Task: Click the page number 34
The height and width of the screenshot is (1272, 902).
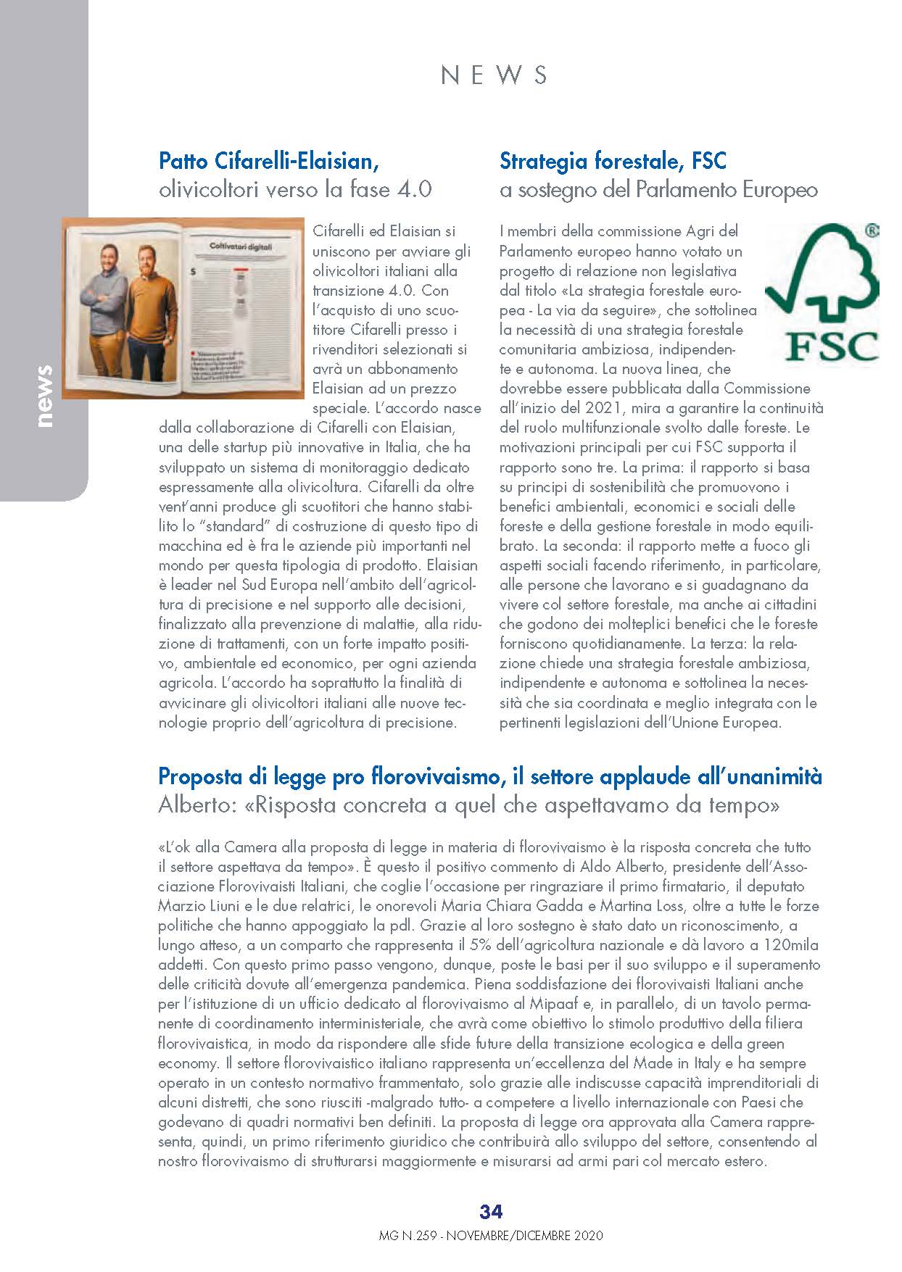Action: [491, 1211]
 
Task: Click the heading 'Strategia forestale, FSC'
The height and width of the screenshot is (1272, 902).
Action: [613, 160]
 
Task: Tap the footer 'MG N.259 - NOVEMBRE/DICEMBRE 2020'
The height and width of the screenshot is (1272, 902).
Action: [491, 1236]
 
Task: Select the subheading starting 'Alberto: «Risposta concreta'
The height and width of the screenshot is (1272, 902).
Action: [469, 805]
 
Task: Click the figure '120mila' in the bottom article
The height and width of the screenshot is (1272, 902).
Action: [793, 945]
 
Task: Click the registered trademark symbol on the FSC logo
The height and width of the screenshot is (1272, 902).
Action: [872, 231]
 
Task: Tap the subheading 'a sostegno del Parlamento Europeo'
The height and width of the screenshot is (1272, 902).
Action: [658, 190]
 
